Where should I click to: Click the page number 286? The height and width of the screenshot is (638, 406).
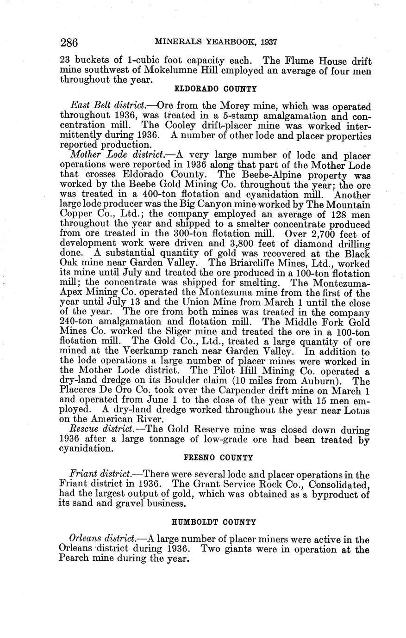coord(69,43)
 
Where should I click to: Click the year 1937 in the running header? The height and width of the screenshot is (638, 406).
coord(268,42)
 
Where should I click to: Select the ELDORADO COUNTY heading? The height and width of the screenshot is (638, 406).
coord(215,88)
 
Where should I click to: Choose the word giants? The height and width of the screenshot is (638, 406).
coord(240,550)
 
